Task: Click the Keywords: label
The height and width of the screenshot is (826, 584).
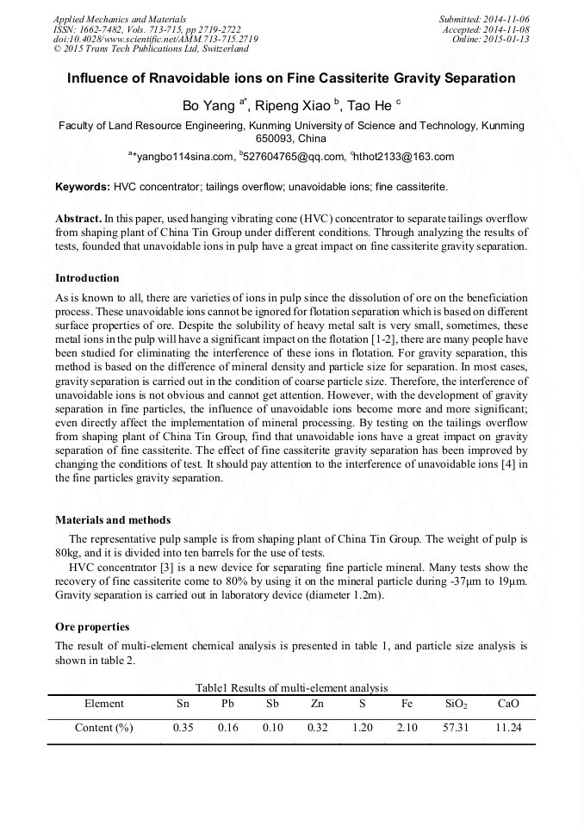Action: pos(83,186)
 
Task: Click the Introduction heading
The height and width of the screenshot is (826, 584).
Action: pos(87,278)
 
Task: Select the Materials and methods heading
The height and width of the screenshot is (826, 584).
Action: pos(113,520)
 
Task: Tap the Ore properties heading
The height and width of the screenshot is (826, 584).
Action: pos(92,626)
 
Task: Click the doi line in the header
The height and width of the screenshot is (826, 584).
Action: pos(155,40)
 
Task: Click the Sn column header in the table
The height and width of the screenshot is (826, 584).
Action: pos(183,704)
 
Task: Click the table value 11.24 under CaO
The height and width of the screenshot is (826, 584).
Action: pos(508,728)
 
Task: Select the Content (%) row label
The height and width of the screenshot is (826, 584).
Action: pos(104,728)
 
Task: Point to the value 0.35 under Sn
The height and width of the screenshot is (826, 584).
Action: pos(183,728)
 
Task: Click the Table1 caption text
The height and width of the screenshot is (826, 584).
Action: pos(291,687)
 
